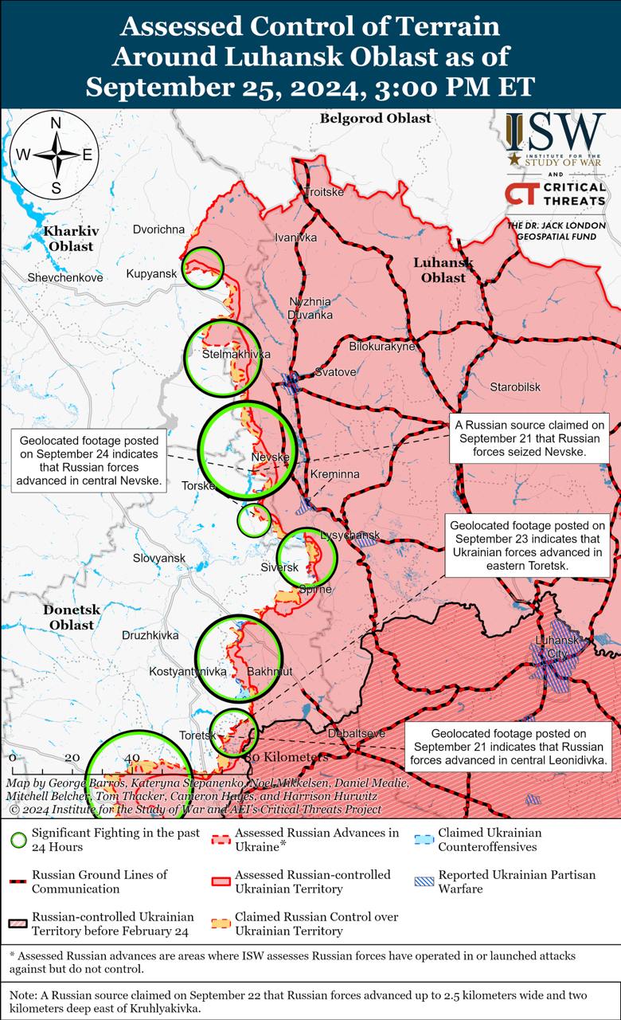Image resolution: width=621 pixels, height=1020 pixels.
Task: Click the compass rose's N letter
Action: pos(56,123)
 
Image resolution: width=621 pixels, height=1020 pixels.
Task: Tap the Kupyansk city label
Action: pos(150,274)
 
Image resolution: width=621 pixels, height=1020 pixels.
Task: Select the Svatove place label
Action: pos(335,371)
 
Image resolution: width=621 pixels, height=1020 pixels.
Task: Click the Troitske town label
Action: pos(324,193)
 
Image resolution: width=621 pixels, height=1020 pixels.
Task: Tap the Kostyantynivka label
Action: pos(188,672)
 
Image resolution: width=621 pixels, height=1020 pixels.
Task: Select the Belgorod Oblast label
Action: pos(375,119)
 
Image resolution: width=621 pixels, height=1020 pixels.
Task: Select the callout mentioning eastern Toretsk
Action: pos(527,545)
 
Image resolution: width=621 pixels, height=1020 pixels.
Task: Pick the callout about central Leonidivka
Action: pos(509,747)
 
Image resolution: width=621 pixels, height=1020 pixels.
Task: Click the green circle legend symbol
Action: pos(18,840)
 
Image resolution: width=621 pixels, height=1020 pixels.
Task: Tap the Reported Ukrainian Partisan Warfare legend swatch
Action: pos(424,881)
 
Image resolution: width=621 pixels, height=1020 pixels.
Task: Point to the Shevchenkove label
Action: pos(65,278)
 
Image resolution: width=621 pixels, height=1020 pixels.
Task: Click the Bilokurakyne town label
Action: pos(383,347)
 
